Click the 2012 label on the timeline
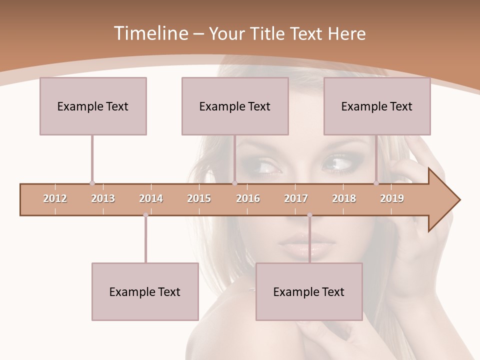(55, 198)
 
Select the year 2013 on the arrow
(103, 198)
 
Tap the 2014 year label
(151, 198)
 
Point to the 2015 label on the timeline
(199, 198)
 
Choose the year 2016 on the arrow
(248, 198)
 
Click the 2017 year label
(296, 198)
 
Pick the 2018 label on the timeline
(344, 198)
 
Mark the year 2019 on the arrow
(392, 198)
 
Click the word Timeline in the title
(150, 33)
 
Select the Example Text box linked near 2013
(93, 106)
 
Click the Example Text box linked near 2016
(235, 106)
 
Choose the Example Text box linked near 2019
(377, 106)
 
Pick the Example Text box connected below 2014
(145, 291)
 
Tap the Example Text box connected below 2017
(309, 291)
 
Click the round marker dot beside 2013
(92, 183)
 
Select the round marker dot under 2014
(145, 215)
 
